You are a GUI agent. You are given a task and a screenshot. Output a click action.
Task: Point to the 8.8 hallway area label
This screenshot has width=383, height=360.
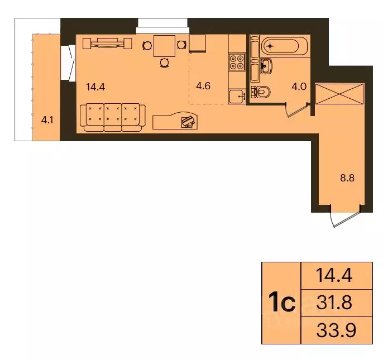coord(347,180)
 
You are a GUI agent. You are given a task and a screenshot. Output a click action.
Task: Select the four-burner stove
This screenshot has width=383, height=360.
coord(237,61)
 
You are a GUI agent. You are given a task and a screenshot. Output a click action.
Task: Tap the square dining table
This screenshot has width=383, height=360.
coord(164,45)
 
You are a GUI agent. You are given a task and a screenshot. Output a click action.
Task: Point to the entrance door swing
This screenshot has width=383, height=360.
coord(339,219)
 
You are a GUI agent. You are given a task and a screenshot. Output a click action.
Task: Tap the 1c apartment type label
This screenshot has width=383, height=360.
coord(281,303)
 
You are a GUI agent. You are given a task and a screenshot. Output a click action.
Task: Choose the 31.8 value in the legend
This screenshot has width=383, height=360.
coord(335,303)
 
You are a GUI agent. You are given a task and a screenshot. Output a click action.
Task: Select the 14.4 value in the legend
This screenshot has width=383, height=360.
coord(335,276)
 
